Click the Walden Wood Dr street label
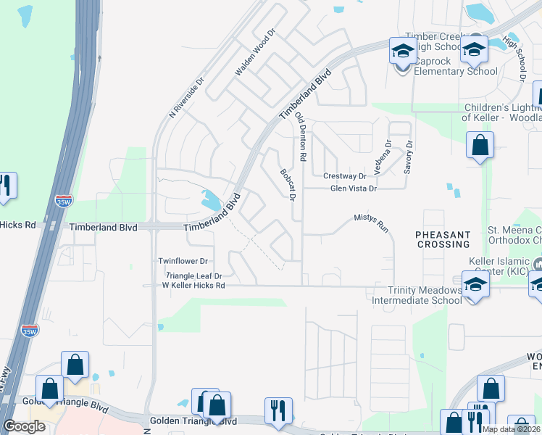[257, 53]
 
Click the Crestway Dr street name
[345, 175]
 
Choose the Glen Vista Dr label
[354, 188]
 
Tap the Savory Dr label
[409, 157]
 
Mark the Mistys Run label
[372, 217]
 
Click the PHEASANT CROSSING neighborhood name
[443, 240]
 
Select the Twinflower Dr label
[183, 261]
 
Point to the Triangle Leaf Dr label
[193, 276]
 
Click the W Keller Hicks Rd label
[193, 286]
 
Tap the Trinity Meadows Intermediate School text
[415, 294]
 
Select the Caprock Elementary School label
[456, 71]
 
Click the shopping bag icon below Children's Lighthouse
[480, 145]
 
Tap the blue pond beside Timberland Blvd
[212, 199]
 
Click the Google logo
[25, 426]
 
